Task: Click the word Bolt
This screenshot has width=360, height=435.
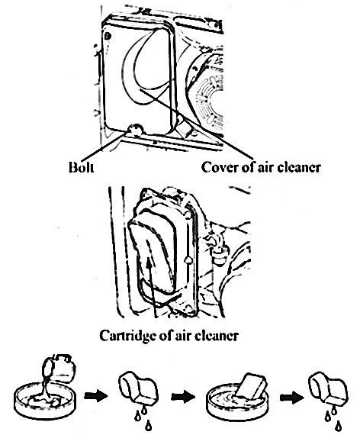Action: (81, 167)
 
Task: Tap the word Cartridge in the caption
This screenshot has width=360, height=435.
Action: (127, 335)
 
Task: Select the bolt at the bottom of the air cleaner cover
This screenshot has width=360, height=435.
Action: (136, 130)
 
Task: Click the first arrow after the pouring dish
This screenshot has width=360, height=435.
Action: (95, 396)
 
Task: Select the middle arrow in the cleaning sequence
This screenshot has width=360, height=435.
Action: (183, 396)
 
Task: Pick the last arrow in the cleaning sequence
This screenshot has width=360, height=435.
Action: (292, 398)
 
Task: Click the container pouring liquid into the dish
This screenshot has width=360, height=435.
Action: (59, 368)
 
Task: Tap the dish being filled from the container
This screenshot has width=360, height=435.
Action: (44, 398)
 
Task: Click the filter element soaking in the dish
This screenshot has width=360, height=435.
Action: (249, 387)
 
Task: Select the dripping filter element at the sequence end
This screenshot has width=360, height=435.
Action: (328, 389)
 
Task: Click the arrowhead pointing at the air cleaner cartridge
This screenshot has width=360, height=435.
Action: (149, 263)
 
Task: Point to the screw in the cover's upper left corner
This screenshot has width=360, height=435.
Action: (108, 36)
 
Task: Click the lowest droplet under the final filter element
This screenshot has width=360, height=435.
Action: (338, 425)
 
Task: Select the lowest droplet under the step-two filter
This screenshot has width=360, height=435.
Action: (149, 425)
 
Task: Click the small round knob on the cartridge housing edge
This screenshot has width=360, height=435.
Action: (188, 260)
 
